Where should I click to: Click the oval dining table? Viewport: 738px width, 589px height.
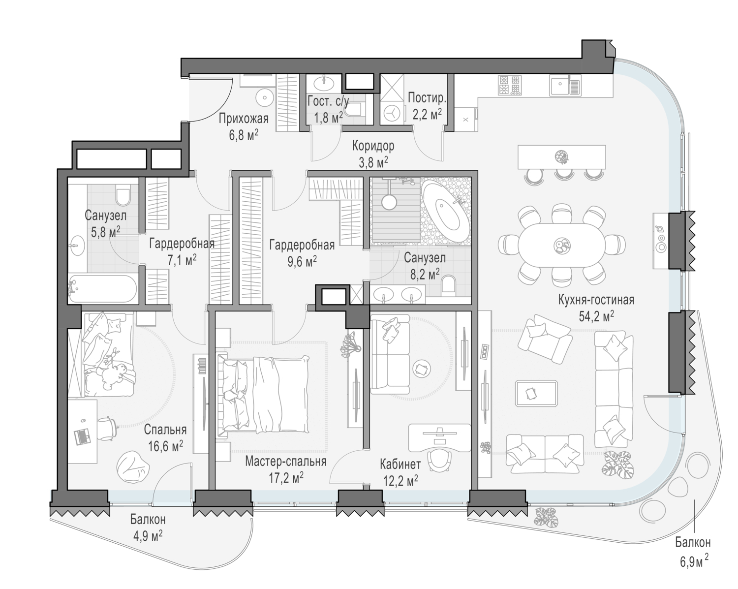[x=561, y=245]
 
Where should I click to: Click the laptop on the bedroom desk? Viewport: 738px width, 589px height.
[x=82, y=436]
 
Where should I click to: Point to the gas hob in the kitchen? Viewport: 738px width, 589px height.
[x=510, y=85]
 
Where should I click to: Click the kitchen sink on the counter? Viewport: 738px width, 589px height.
[x=565, y=86]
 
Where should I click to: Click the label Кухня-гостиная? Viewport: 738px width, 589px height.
[x=596, y=300]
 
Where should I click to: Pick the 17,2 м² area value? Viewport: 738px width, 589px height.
[x=286, y=477]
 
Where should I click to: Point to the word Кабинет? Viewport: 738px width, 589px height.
[x=400, y=465]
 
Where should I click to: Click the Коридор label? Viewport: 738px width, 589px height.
[x=373, y=146]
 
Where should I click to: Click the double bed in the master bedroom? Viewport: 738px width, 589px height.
[x=263, y=395]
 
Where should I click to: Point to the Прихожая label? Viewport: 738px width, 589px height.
[x=244, y=119]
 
